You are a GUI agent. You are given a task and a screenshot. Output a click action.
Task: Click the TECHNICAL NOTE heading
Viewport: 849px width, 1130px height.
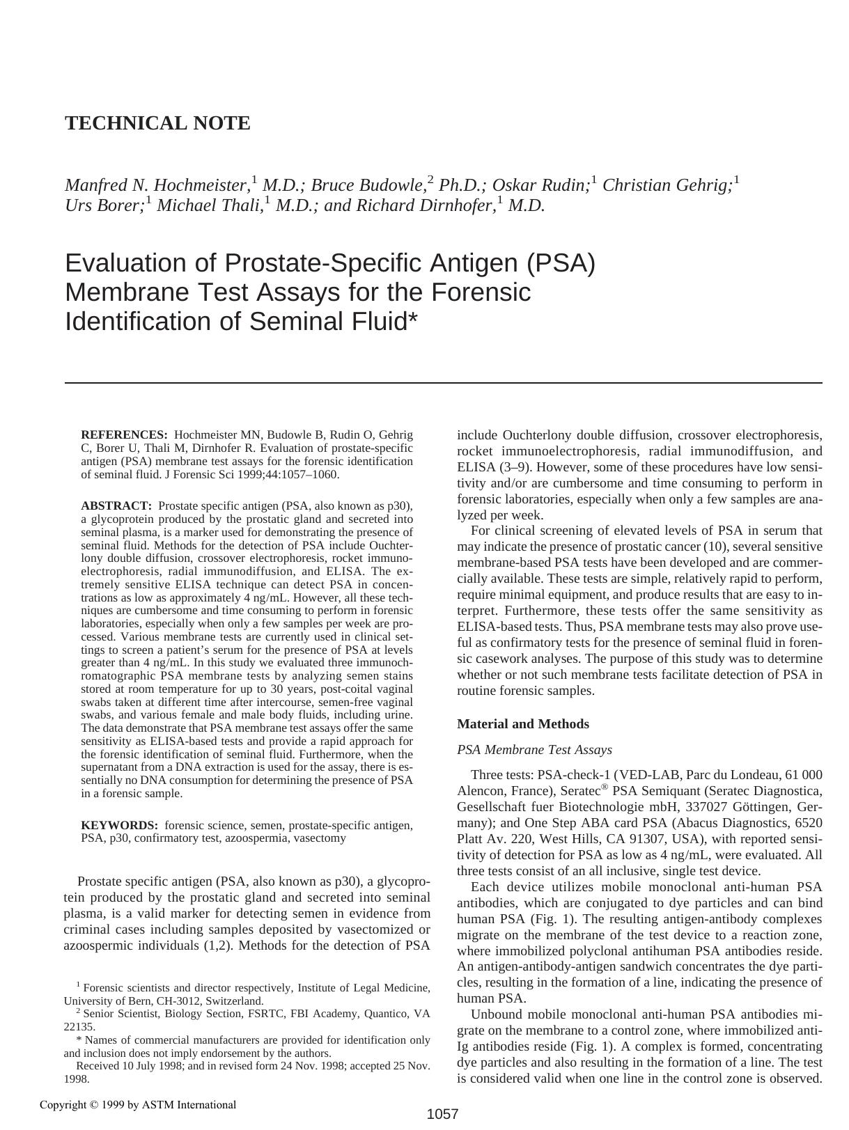157,123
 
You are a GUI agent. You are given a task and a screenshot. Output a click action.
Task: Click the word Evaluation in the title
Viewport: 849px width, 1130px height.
140,263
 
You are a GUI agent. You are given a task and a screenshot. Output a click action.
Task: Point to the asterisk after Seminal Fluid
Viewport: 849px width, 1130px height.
413,319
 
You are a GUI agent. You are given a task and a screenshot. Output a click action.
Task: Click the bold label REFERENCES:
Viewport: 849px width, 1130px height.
124,435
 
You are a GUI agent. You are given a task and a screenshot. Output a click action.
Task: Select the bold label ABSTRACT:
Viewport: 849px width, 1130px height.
116,506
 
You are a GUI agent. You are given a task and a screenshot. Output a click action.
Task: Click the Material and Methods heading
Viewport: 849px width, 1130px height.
522,724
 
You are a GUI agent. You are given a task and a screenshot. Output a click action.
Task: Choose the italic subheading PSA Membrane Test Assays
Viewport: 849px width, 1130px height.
534,750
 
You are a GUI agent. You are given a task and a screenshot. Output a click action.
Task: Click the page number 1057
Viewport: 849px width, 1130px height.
442,1114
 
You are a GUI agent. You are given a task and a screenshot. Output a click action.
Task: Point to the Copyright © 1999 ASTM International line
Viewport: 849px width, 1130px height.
138,1104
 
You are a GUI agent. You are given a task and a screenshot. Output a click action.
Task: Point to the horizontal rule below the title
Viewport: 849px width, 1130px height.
443,383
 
